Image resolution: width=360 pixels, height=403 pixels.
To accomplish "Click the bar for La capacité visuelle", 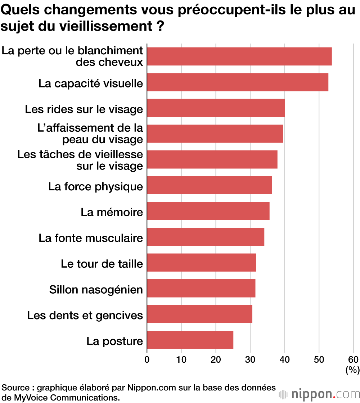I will (238, 82).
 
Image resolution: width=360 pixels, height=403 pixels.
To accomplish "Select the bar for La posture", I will (190, 340).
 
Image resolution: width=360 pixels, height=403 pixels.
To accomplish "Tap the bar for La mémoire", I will (208, 211).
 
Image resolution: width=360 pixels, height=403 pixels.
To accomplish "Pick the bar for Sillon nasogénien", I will (201, 288).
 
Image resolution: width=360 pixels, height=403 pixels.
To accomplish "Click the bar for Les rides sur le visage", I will (216, 108).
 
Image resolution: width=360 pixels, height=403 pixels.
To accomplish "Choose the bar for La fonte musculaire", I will (206, 237).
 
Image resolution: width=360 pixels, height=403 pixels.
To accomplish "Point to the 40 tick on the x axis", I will (285, 359).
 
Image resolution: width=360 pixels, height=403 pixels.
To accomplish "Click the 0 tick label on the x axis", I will (147, 359).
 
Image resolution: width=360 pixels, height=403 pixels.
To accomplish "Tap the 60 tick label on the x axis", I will (354, 359).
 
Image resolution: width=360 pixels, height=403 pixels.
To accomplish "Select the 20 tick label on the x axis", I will (216, 359).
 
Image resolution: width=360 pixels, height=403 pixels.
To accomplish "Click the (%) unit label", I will (352, 370).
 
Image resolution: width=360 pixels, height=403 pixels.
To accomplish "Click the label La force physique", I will (95, 187).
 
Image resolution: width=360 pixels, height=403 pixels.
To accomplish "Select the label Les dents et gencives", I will (85, 316).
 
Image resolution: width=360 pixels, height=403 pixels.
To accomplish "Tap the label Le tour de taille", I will (102, 264).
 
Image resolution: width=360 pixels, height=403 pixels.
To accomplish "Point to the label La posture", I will (114, 341).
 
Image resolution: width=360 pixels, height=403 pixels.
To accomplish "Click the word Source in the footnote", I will (15, 388).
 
